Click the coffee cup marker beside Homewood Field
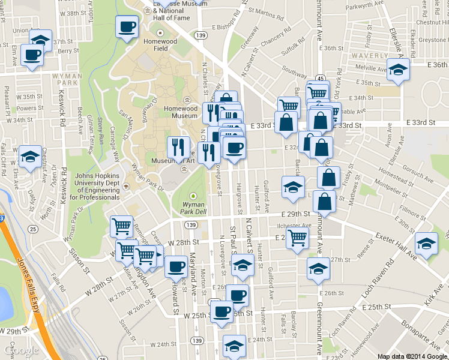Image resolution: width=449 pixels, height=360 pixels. pos(127,27)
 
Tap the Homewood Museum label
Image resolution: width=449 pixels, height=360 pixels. pos(181,112)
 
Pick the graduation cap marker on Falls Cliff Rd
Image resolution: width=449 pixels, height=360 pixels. pos(30,158)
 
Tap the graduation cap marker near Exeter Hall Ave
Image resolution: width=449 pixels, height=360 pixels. pos(426,244)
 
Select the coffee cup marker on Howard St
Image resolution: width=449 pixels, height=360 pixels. pos(176,265)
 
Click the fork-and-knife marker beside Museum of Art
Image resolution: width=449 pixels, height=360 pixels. pos(178,147)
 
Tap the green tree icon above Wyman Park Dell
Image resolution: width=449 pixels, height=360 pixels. pos(193,196)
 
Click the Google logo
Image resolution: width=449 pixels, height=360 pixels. pos(20,350)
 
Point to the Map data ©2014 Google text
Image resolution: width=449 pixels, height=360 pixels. pos(412,356)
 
